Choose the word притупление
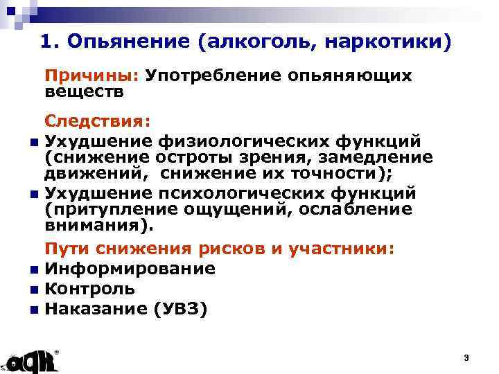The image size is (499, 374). tap(102, 209)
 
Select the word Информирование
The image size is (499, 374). tap(130, 269)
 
